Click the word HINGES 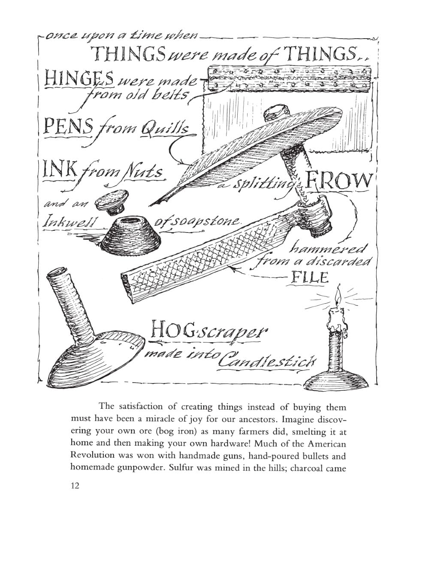79,78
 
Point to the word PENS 69,126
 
